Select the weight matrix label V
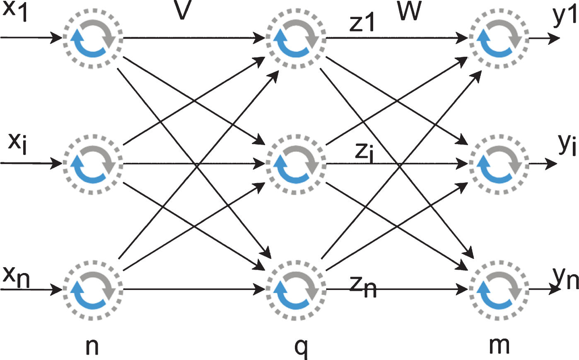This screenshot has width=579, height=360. tap(183, 10)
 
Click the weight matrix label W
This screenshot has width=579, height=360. tap(410, 10)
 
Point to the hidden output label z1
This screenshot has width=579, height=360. tap(362, 22)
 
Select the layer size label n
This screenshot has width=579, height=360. tap(92, 347)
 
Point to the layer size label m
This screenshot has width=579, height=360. tap(499, 346)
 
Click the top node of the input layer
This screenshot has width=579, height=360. tap(93, 38)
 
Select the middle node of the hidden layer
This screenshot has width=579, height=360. tap(296, 164)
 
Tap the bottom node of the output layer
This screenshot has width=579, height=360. tap(499, 290)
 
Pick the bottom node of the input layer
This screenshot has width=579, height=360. tap(93, 290)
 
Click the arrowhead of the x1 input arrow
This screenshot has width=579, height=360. tap(56, 38)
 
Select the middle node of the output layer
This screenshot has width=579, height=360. tap(499, 164)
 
